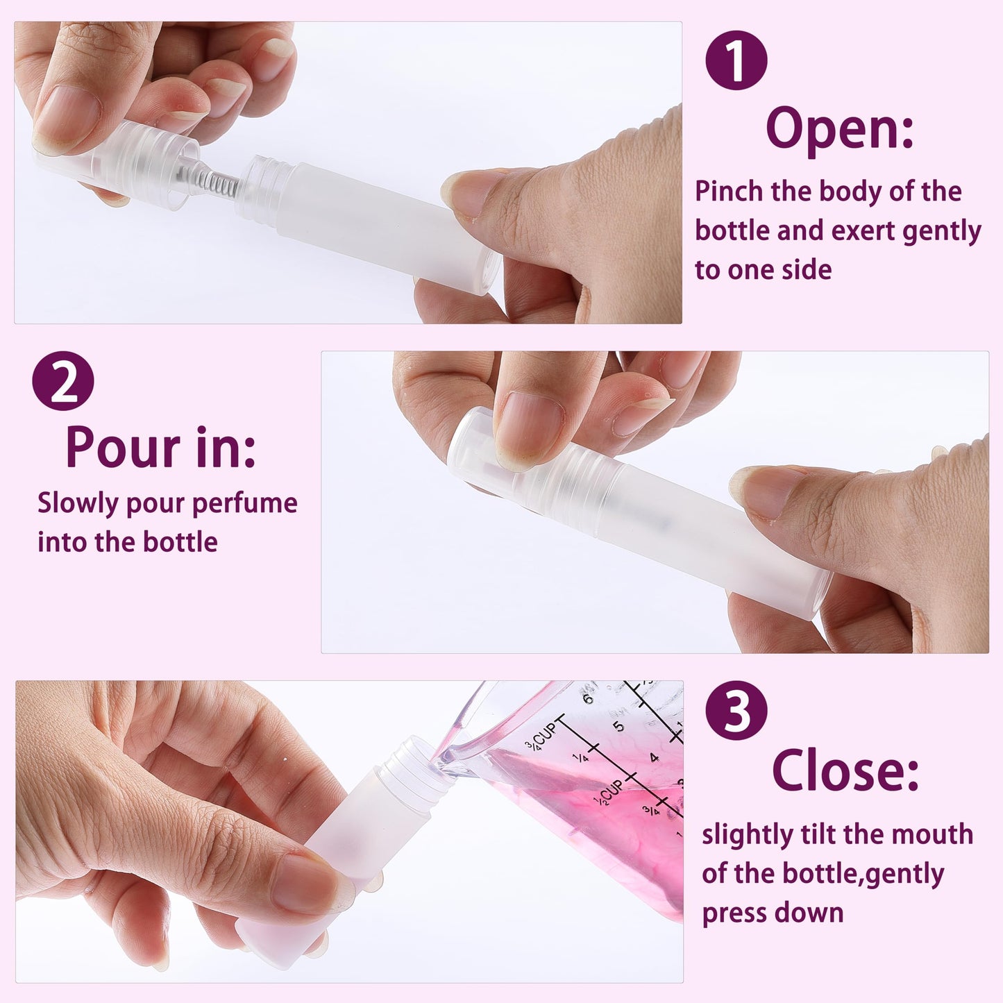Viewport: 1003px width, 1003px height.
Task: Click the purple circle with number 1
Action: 736,60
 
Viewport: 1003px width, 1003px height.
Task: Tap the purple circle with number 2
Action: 63,381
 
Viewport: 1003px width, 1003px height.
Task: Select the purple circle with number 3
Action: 736,710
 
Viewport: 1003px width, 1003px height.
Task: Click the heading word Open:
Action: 839,129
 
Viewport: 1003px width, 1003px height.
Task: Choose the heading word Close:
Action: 845,770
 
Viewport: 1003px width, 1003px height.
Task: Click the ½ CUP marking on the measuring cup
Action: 609,792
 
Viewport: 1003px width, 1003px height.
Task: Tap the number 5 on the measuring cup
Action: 618,727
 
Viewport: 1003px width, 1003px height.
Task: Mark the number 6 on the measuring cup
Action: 589,698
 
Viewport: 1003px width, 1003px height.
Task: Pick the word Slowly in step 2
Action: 78,504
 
